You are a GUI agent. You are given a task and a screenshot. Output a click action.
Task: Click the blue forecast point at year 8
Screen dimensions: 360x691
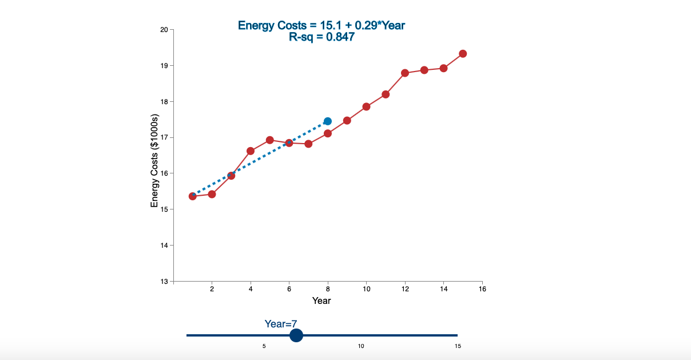point(328,121)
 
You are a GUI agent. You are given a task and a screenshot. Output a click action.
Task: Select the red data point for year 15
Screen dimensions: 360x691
point(463,54)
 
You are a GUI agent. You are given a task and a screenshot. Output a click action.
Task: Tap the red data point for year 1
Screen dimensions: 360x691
point(193,196)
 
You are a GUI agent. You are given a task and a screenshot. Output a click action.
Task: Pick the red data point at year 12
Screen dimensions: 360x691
point(405,73)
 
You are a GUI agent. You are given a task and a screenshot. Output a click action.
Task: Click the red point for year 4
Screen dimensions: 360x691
point(251,151)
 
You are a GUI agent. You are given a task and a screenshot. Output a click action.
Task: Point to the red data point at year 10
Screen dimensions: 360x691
point(366,106)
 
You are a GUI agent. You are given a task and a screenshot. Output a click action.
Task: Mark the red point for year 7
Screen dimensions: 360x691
point(308,144)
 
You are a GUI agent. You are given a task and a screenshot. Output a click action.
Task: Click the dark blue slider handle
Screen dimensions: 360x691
point(296,335)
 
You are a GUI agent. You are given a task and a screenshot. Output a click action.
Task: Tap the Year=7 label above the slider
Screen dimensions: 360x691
point(280,324)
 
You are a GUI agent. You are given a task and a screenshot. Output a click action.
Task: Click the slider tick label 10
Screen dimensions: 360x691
point(361,346)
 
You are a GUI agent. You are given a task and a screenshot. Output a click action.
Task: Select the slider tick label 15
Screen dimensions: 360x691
point(458,346)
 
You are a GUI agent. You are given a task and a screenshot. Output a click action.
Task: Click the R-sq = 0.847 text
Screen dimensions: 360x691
point(321,37)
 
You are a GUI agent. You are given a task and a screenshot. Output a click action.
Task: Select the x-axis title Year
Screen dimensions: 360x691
point(321,300)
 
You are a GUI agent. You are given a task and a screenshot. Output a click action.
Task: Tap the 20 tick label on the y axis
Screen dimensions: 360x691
point(164,30)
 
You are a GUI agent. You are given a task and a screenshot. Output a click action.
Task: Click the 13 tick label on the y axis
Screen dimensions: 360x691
point(164,281)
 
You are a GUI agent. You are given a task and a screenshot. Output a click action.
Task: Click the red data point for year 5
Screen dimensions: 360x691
point(270,140)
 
